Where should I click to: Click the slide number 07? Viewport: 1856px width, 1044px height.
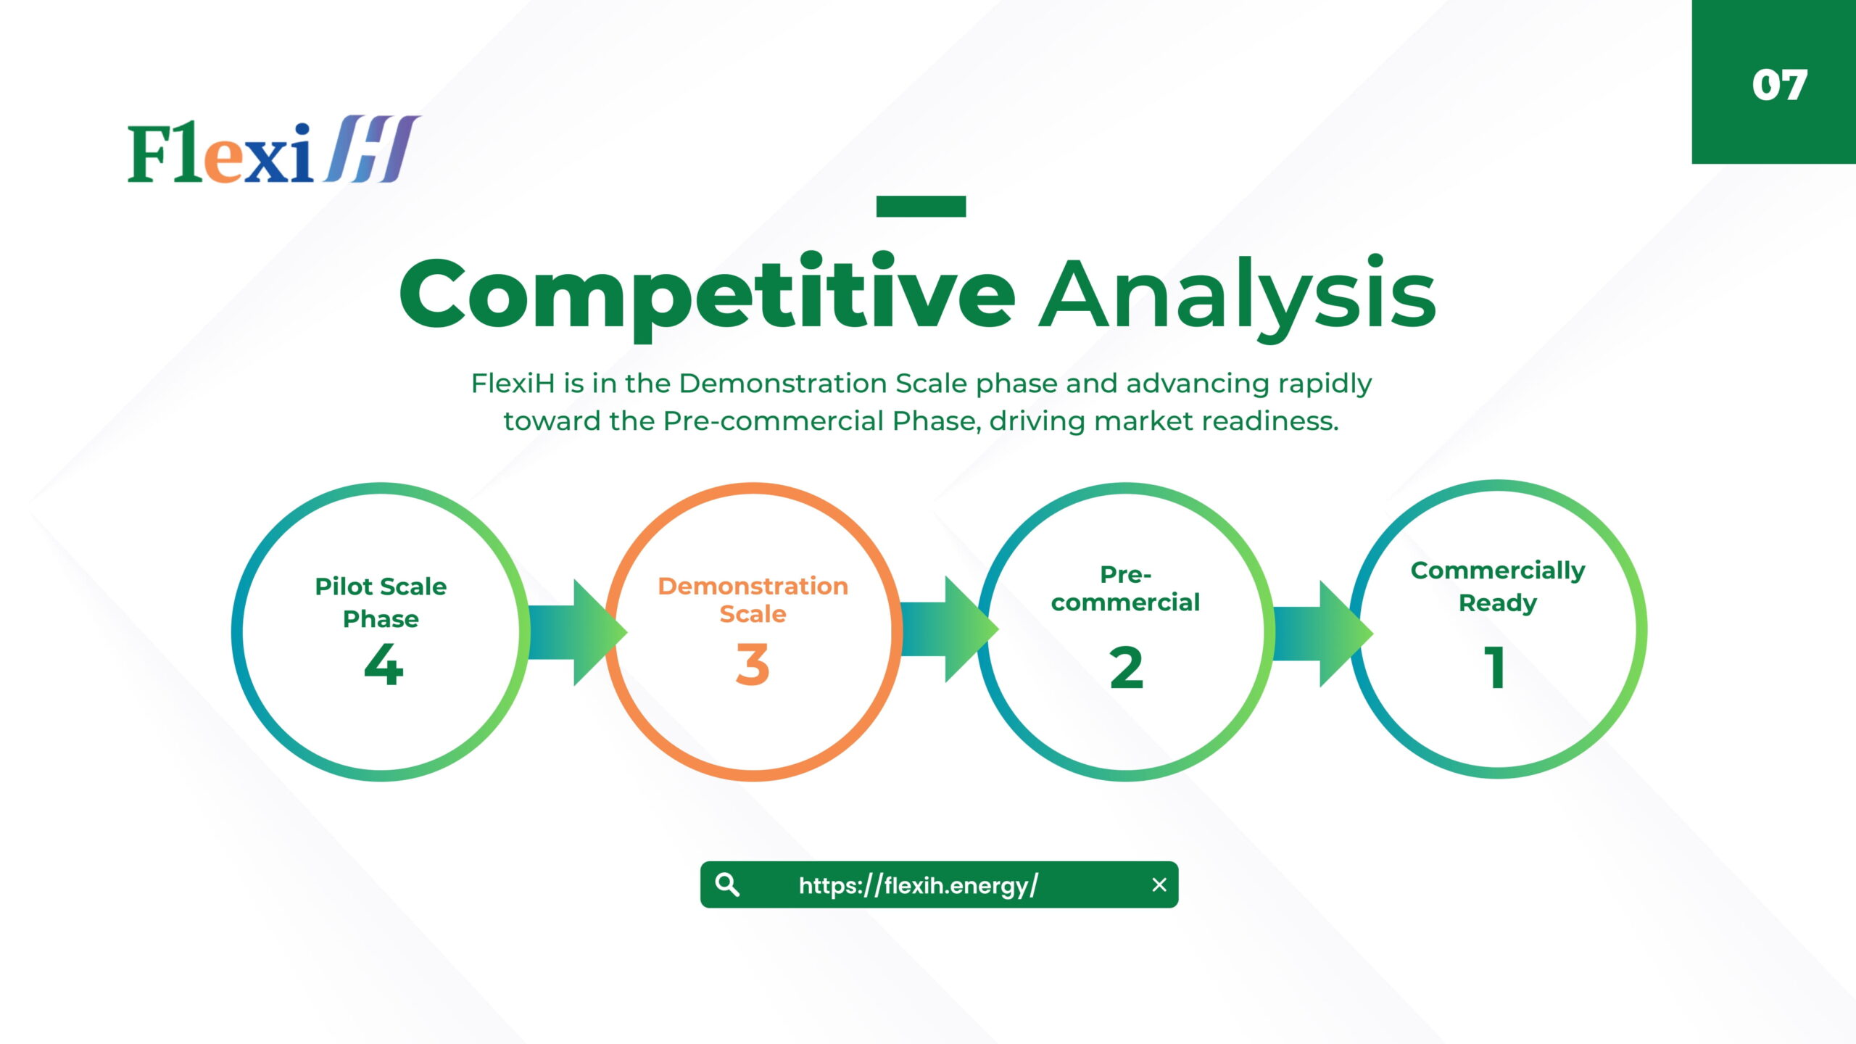coord(1779,85)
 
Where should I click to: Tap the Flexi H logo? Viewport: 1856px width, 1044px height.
coord(273,149)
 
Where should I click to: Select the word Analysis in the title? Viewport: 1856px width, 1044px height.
coord(1238,297)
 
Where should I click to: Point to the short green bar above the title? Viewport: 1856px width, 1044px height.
coord(921,206)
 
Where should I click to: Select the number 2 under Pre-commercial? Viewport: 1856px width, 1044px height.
coord(1126,667)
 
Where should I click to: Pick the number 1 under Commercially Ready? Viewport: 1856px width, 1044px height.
coord(1495,667)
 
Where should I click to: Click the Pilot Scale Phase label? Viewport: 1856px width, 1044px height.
coord(381,602)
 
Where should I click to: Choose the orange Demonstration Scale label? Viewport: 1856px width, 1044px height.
coord(753,600)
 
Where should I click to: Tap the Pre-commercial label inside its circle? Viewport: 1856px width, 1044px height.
coord(1126,589)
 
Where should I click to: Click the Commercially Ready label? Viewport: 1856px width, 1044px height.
coord(1498,586)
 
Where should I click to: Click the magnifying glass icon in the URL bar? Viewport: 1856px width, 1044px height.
coord(727,884)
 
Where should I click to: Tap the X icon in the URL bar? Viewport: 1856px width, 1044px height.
coord(1159,884)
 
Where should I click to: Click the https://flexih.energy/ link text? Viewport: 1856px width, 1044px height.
coord(918,885)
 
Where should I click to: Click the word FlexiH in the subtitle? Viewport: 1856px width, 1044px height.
coord(513,383)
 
